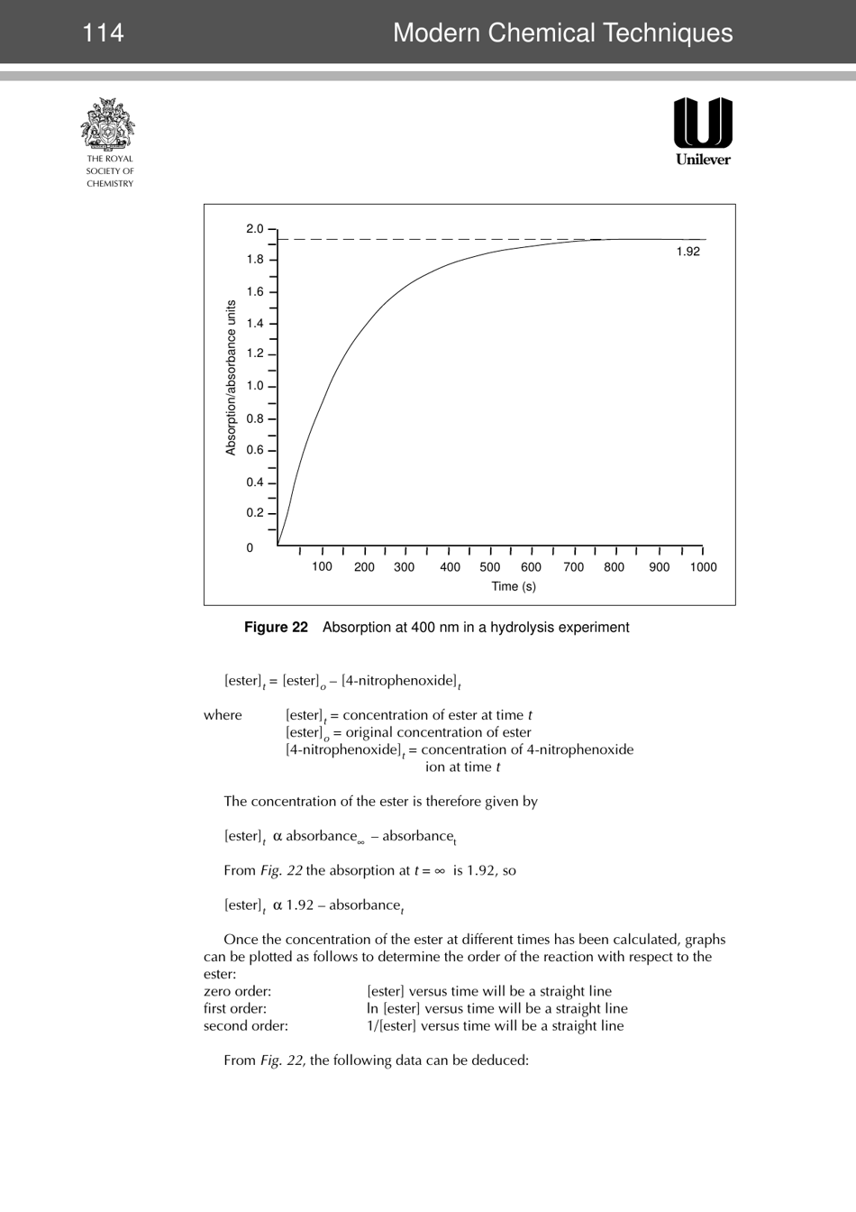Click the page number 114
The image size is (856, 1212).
[x=103, y=33]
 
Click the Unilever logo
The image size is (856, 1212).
[x=703, y=131]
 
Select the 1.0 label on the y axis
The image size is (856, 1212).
[x=255, y=386]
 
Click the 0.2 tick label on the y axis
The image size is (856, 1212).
[x=255, y=513]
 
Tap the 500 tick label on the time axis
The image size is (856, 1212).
[x=489, y=567]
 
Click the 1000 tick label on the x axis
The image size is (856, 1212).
[x=703, y=567]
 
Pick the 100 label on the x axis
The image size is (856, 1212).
[x=322, y=567]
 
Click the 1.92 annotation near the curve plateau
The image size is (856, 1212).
[x=688, y=252]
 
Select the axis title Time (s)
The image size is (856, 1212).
[x=513, y=586]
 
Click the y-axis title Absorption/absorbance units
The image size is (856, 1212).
[x=231, y=378]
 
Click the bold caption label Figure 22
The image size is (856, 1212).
[x=276, y=628]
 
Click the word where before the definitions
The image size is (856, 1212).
[x=223, y=715]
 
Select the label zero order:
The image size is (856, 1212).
[x=237, y=991]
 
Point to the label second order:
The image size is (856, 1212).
[x=245, y=1025]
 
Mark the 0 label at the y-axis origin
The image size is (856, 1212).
[x=250, y=548]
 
